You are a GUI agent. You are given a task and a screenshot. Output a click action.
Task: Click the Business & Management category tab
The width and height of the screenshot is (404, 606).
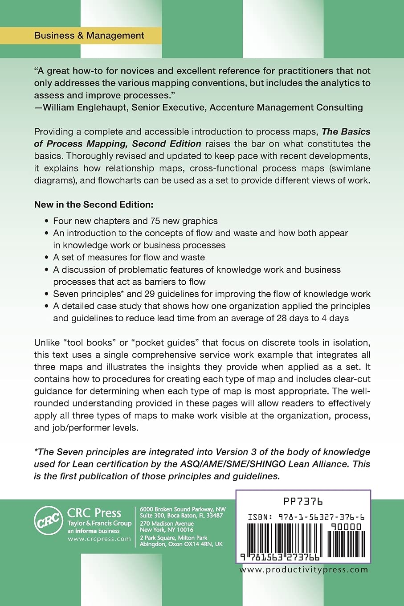click(x=89, y=36)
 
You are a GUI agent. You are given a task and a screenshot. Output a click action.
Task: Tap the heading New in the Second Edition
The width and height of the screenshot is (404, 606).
click(x=94, y=205)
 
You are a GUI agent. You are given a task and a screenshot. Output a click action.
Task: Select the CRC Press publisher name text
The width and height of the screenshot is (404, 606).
click(x=94, y=513)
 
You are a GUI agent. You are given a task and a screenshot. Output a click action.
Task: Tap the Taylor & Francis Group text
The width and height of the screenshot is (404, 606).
click(x=99, y=523)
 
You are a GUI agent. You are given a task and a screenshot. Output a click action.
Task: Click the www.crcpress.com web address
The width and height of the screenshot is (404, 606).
click(x=99, y=539)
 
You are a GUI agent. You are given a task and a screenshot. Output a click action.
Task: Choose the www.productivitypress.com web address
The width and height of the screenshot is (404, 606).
click(x=303, y=569)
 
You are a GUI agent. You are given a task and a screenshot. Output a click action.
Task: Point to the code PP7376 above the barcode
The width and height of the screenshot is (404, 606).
click(x=303, y=501)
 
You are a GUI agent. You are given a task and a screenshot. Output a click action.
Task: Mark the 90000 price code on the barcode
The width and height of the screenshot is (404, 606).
click(x=346, y=527)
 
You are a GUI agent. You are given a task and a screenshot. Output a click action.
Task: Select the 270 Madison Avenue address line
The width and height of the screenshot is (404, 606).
click(x=167, y=524)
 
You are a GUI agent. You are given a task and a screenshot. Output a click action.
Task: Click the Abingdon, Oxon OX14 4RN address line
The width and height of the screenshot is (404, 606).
click(x=181, y=544)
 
